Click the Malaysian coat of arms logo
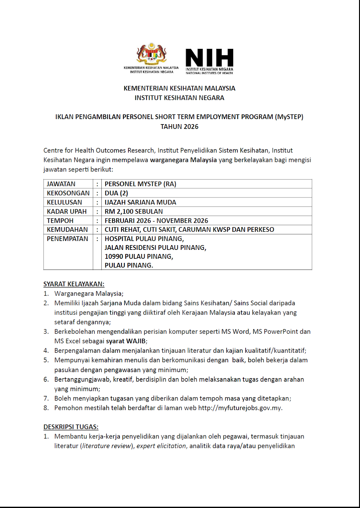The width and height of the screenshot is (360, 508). (152, 54)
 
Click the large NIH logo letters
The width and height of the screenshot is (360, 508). (209, 58)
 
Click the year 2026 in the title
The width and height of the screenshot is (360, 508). (191, 127)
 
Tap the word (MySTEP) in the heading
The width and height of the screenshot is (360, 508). (289, 117)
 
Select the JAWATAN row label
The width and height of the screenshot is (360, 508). (61, 184)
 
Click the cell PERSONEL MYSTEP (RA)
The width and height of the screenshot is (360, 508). (140, 184)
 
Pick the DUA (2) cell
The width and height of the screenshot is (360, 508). (116, 193)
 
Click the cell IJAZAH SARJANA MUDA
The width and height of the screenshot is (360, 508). (140, 202)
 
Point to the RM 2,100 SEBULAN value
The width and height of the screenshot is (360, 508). (134, 211)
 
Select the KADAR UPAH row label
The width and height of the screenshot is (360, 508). (67, 211)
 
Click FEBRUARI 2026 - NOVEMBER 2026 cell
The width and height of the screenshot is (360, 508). (156, 221)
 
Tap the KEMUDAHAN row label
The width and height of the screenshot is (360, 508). (67, 230)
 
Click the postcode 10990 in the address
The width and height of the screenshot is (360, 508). (114, 257)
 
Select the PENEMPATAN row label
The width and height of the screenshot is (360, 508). (67, 239)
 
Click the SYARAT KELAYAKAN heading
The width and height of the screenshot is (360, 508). (74, 284)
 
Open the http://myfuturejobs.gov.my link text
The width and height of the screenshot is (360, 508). (240, 408)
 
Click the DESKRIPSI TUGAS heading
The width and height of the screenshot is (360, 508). (71, 427)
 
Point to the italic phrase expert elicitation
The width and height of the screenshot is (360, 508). (161, 446)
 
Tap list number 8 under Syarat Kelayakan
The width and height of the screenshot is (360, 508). (46, 408)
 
